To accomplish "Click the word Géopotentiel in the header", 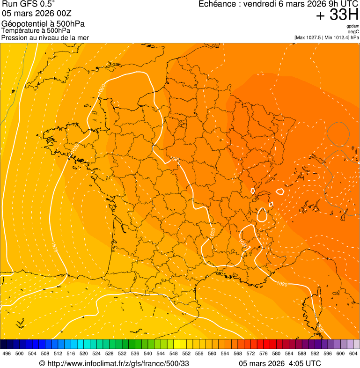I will coord(23,24).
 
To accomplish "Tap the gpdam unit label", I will coord(353,27).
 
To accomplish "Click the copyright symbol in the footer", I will coord(42,363).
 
